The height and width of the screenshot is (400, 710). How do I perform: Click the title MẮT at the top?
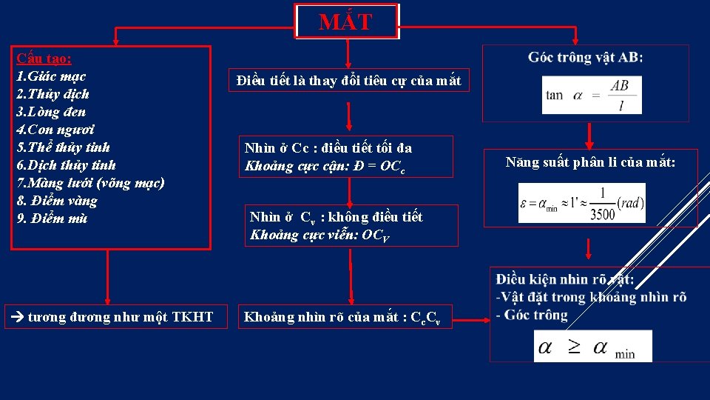345,22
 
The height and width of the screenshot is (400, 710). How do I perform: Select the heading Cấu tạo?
44,59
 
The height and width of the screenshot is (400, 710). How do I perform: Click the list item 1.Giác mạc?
51,76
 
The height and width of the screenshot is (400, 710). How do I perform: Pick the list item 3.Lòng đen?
51,112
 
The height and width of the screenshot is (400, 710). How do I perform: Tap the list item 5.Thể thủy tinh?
63,147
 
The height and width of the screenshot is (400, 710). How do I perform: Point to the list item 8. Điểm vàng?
57,201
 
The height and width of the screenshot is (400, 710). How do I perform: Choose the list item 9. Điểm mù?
52,219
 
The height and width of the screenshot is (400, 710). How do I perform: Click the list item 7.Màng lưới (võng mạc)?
90,183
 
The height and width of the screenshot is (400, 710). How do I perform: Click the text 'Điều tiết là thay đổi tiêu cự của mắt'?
348,81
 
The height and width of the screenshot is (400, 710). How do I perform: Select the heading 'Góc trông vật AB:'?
585,58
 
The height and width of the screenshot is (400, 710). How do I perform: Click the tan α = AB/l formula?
591,95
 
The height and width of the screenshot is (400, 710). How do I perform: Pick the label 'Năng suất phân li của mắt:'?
590,161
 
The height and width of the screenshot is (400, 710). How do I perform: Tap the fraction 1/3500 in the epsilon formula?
603,203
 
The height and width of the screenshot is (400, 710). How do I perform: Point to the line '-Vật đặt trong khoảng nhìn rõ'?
591,297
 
